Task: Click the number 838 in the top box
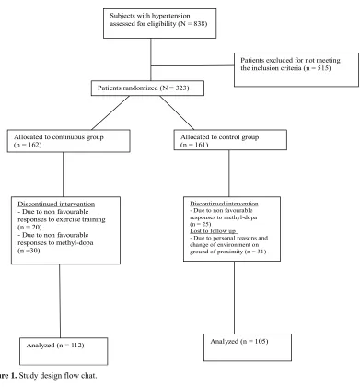click(x=200, y=24)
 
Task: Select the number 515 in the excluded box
click(x=323, y=68)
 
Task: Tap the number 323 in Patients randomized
click(x=181, y=88)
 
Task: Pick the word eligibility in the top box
click(x=161, y=24)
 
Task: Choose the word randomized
click(x=140, y=88)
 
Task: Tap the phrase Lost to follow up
click(x=213, y=231)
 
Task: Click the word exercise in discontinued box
click(x=69, y=219)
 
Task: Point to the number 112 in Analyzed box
click(x=75, y=346)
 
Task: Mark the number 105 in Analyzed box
click(x=260, y=341)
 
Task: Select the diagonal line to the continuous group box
click(x=110, y=112)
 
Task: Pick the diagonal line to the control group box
click(x=177, y=112)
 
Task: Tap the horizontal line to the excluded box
click(x=192, y=65)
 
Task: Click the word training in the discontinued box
click(x=94, y=219)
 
